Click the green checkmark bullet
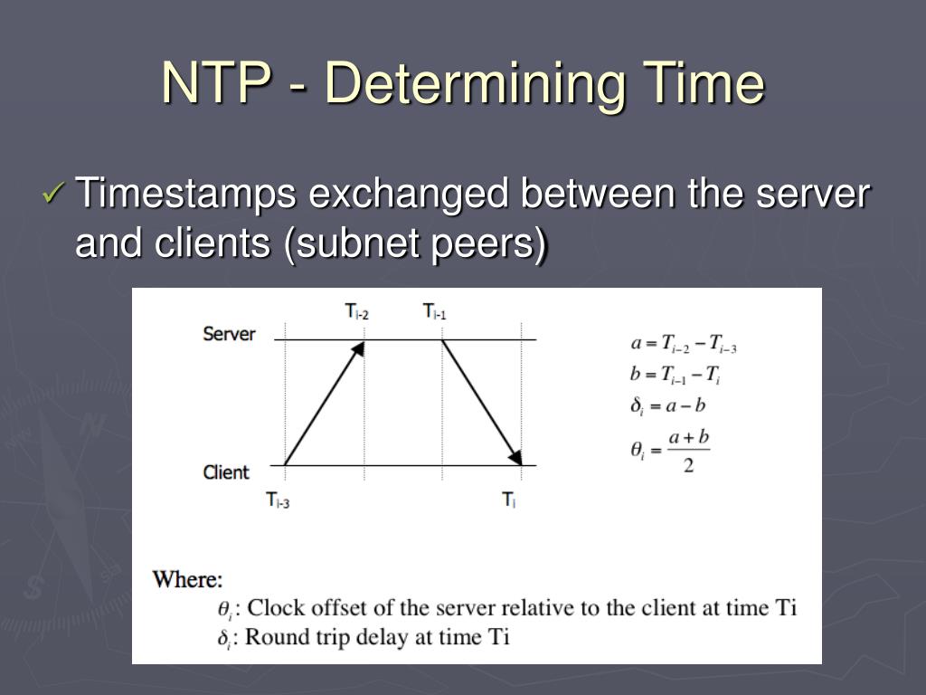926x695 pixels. (54, 194)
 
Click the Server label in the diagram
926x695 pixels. (229, 334)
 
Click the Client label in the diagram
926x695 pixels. (226, 471)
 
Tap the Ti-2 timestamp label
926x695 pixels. (356, 312)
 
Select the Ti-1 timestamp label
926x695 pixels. (435, 312)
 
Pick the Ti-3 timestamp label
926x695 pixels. (277, 499)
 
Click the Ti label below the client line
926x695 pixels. (509, 499)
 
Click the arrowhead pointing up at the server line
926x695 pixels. (358, 348)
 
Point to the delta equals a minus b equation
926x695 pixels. (667, 405)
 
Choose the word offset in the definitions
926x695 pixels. (337, 607)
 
